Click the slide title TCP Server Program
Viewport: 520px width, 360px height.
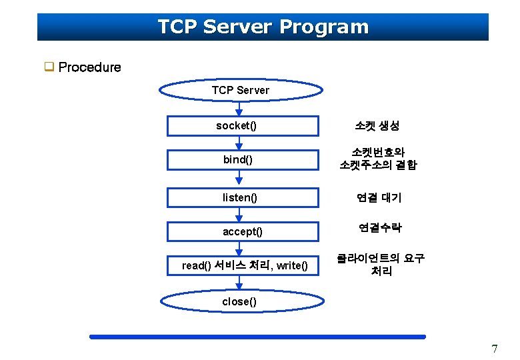tap(263, 27)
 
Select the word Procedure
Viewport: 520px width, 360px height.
tap(89, 67)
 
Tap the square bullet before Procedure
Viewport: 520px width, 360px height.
tap(49, 67)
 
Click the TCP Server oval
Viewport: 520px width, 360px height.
tap(240, 90)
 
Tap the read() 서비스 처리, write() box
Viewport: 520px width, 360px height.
tap(245, 266)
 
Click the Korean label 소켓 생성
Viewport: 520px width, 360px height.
tap(377, 125)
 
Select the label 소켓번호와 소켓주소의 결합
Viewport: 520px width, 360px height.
tap(377, 159)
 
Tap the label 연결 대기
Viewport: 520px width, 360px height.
tap(379, 197)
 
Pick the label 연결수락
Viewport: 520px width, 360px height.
tap(379, 228)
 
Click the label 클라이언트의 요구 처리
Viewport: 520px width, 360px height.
tap(381, 265)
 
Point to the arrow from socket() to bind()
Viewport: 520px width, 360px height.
tap(239, 143)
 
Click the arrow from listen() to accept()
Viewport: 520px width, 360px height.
tap(239, 214)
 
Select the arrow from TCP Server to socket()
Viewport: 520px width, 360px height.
tap(239, 108)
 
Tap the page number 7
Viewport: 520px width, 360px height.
tap(494, 349)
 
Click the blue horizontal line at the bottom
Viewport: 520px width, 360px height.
tap(257, 337)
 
